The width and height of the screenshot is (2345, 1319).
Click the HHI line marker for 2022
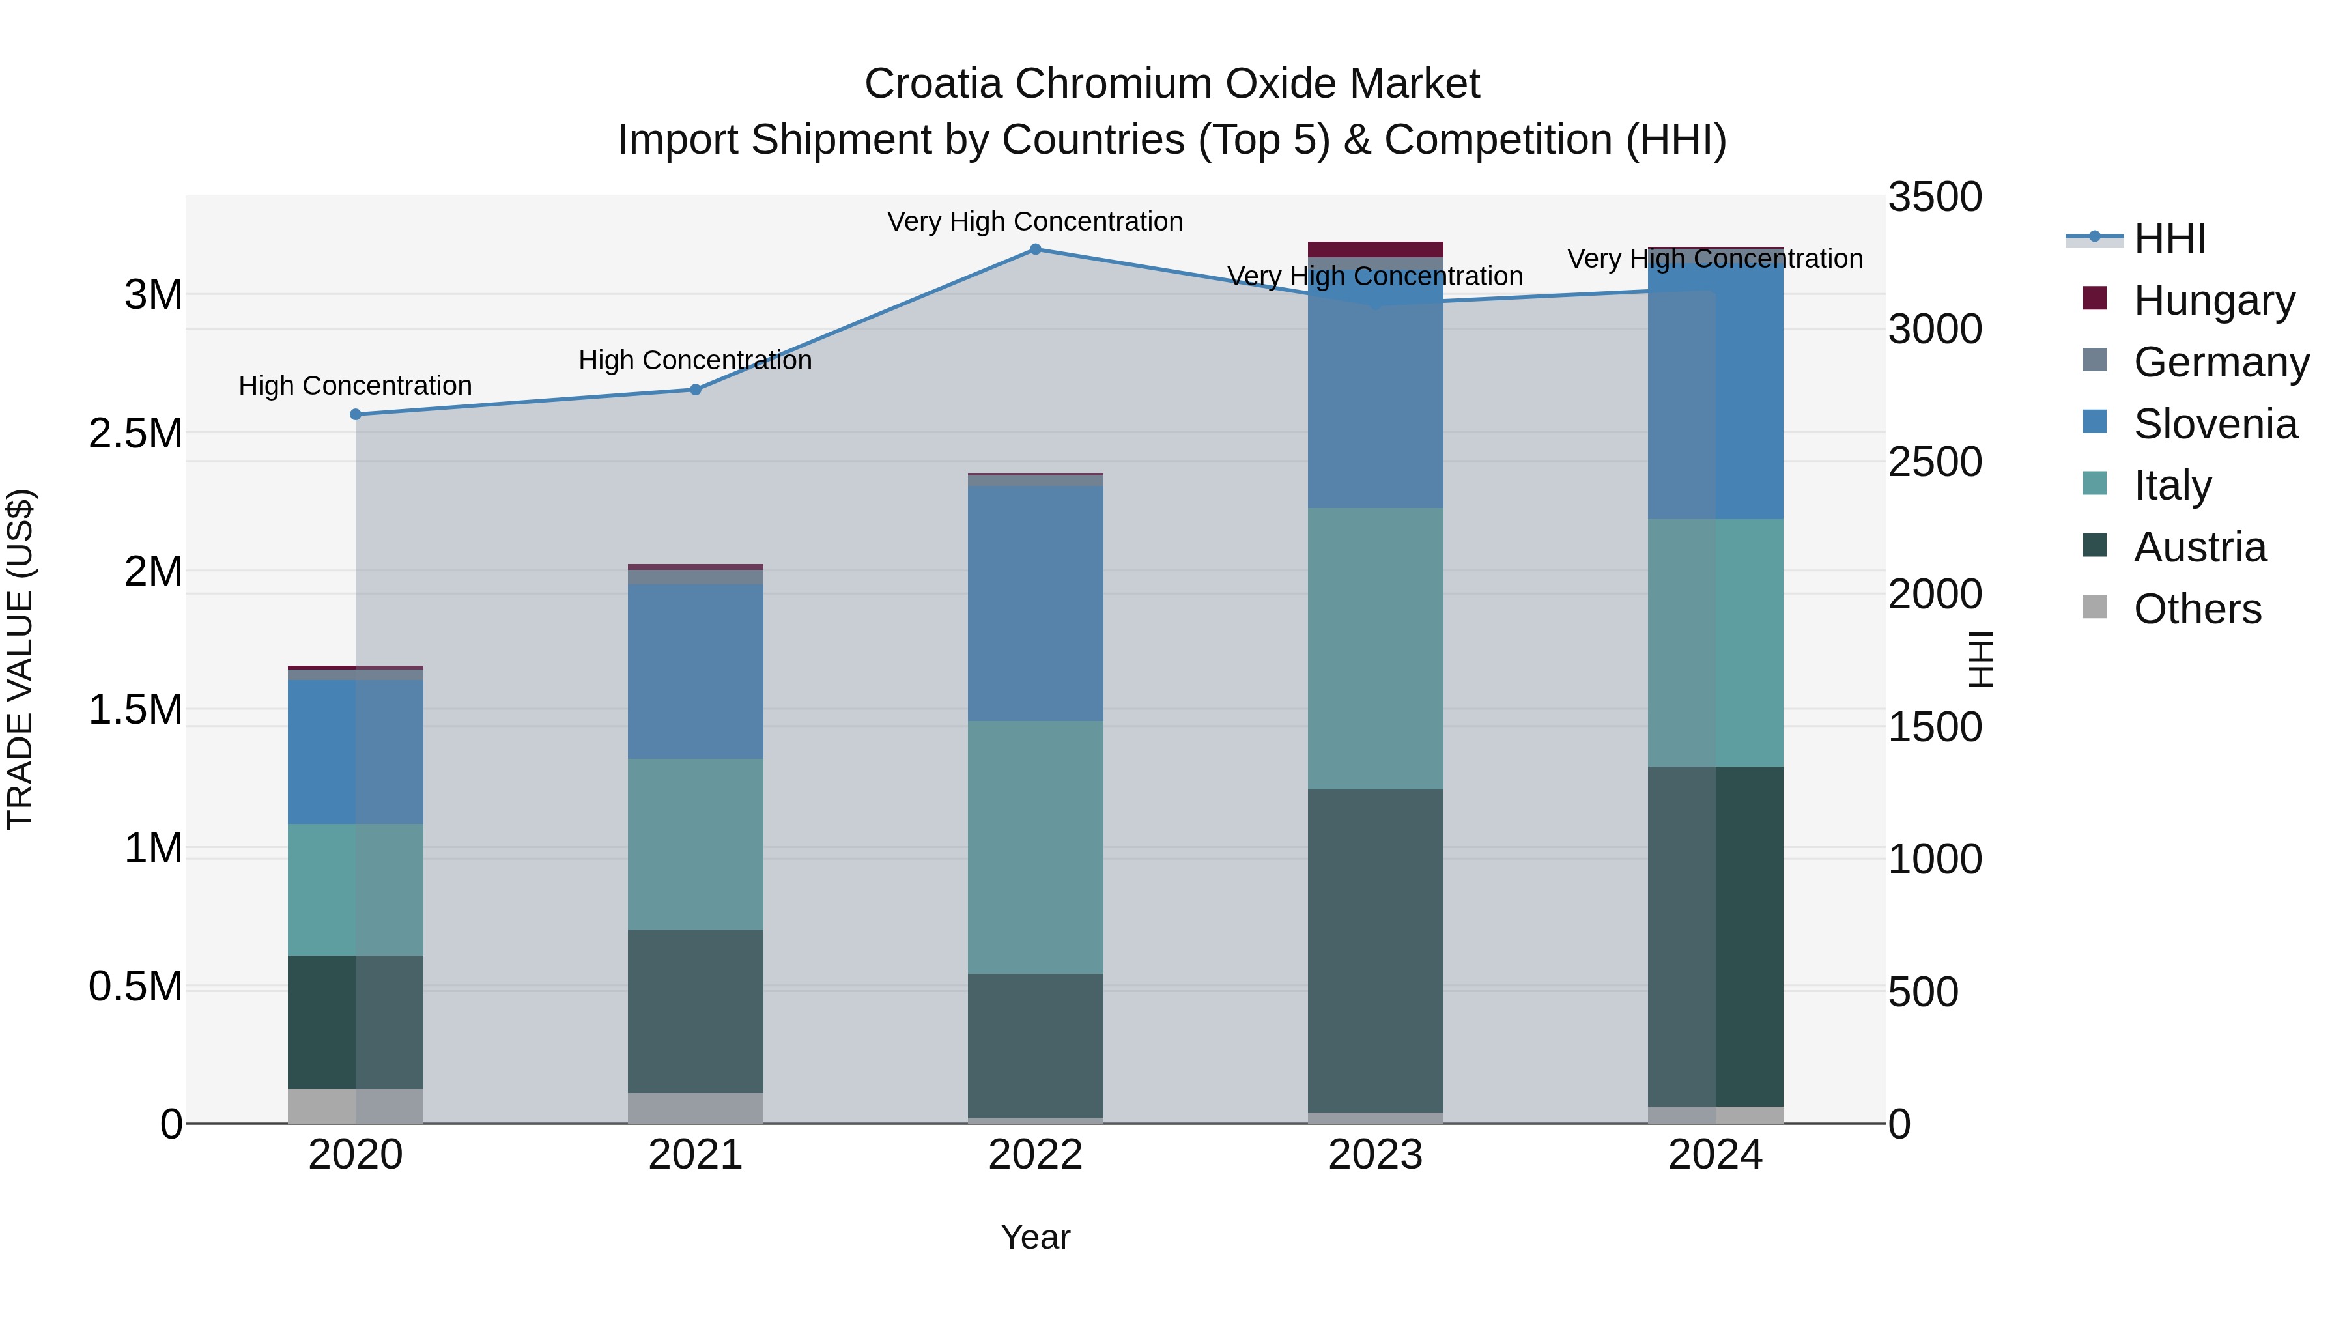1035,249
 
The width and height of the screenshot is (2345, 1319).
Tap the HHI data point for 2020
356,414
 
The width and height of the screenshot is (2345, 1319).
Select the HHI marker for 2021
696,390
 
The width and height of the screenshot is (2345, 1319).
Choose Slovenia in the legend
2214,423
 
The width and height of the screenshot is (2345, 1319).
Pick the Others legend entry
2196,609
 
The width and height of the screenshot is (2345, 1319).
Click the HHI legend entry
2168,238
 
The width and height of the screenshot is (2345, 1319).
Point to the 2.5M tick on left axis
135,433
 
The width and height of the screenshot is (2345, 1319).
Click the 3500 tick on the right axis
1935,197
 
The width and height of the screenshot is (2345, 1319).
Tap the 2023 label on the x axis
1374,1155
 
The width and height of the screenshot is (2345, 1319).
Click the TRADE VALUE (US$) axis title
21,659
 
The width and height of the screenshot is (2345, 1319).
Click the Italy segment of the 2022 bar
1035,847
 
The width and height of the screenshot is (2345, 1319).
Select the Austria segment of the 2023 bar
1374,950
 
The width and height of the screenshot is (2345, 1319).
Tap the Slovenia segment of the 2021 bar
696,671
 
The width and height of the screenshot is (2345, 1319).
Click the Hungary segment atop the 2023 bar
1374,249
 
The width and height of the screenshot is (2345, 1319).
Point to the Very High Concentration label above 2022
1035,221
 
